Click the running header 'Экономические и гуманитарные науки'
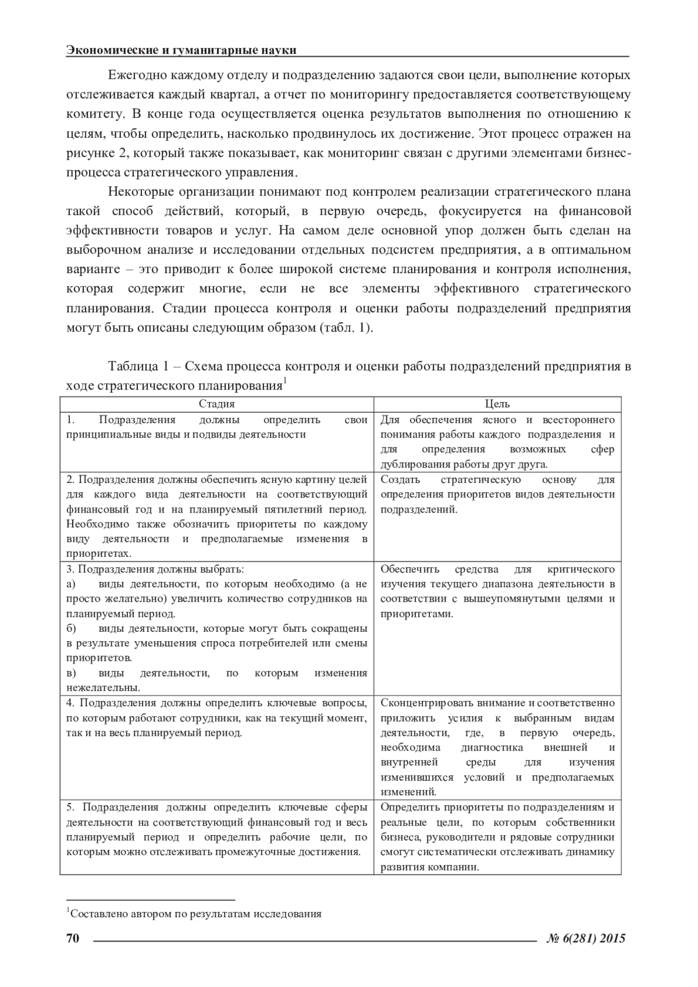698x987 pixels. (x=181, y=51)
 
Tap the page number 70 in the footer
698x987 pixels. (x=73, y=938)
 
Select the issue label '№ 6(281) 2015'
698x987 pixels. (x=586, y=938)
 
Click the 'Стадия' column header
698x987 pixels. (x=216, y=404)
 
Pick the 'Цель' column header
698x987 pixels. (x=497, y=404)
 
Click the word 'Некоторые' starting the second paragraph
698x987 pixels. (x=137, y=192)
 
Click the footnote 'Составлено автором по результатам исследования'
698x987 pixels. (x=195, y=913)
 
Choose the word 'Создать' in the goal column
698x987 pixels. (x=400, y=480)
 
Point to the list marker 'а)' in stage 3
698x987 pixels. (x=72, y=584)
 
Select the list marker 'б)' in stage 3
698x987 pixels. (x=72, y=628)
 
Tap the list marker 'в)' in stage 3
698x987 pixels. (x=72, y=673)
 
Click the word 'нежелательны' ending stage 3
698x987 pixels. (x=102, y=688)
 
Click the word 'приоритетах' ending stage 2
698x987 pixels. (x=98, y=554)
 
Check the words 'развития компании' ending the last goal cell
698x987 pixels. (x=429, y=867)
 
